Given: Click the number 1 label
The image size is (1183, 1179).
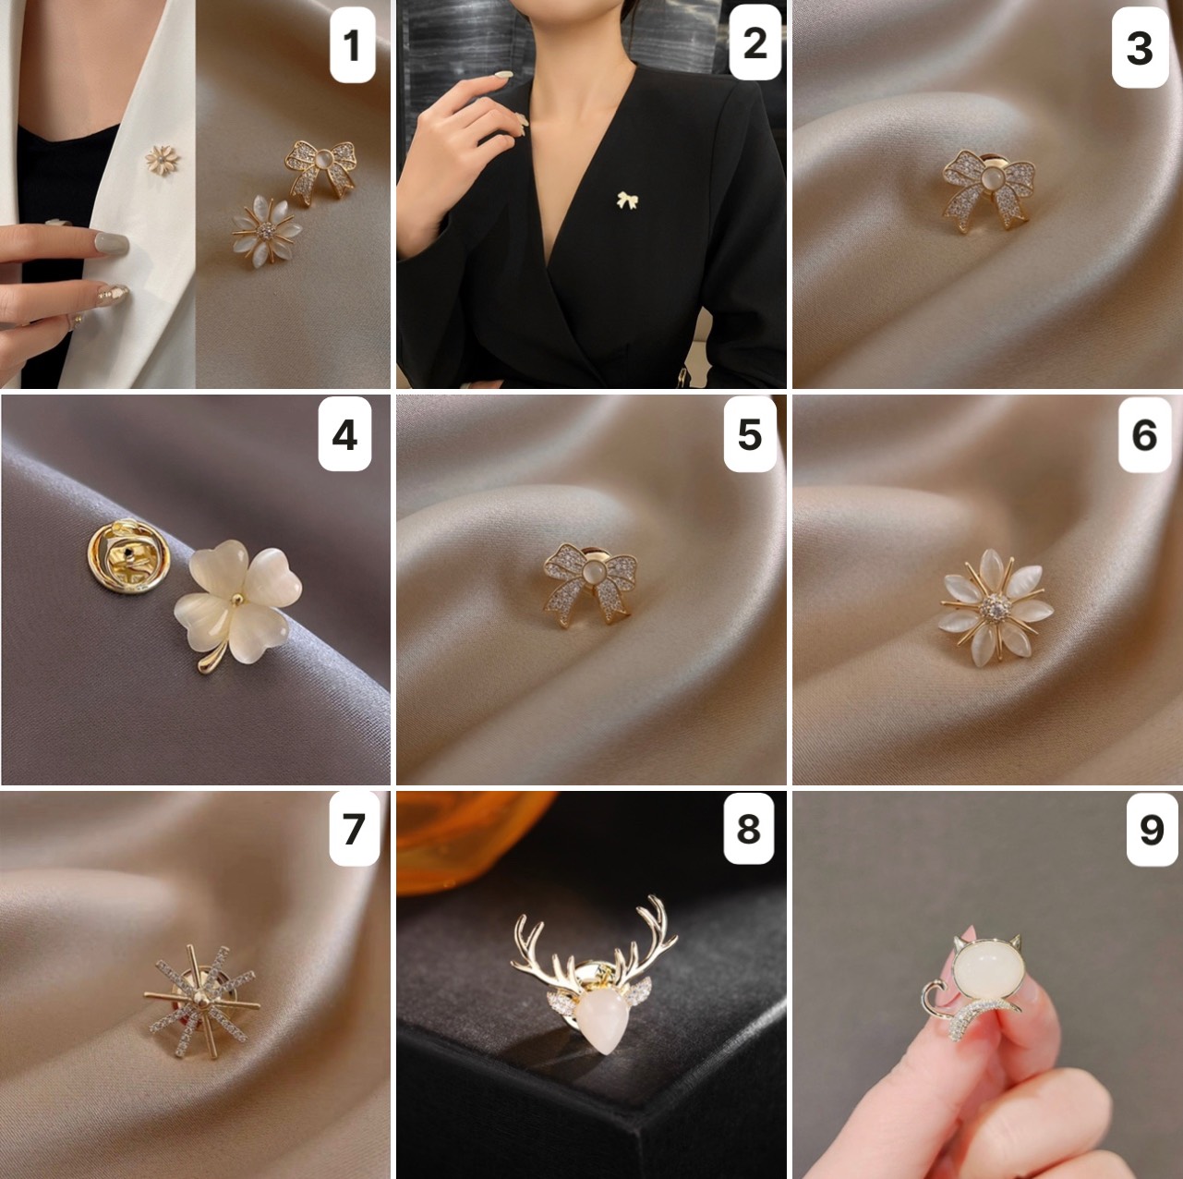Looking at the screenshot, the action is [x=353, y=46].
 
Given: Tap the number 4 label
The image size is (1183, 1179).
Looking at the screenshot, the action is [x=345, y=434].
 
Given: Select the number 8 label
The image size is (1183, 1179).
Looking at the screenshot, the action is [x=748, y=828].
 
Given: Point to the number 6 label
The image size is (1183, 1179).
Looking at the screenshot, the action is [x=1144, y=434].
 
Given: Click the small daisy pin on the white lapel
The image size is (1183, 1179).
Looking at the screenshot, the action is [x=163, y=160].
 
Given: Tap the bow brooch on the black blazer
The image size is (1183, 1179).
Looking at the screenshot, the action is [x=627, y=200].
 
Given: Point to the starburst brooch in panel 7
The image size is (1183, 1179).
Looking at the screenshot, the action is [x=202, y=1002].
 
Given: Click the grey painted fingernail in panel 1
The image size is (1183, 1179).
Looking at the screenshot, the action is [x=112, y=244].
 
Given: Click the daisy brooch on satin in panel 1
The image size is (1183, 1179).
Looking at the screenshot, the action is [x=267, y=231].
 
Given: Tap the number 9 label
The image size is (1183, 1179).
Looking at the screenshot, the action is [x=1152, y=829].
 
